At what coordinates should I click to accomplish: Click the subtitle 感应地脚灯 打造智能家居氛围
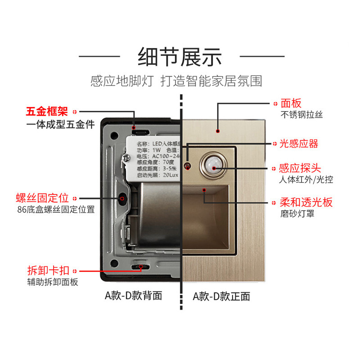pos(176,81)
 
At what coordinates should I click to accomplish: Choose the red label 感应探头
pos(300,168)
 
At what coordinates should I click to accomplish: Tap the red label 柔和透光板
pos(306,202)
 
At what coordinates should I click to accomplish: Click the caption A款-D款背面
pos(133,296)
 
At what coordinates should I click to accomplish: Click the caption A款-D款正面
pos(221,296)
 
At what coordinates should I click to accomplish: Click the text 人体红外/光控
pos(306,180)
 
